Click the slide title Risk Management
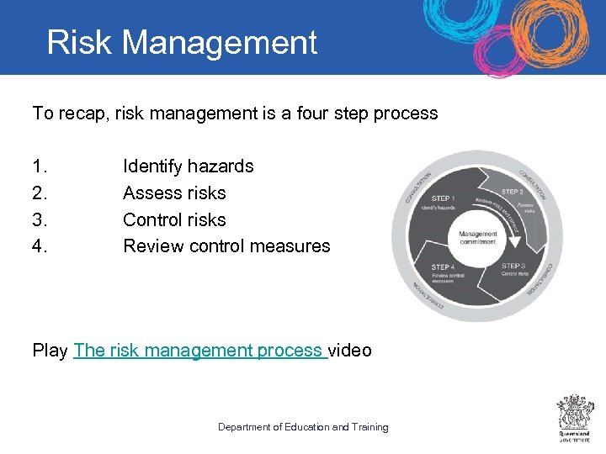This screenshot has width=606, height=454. [x=182, y=43]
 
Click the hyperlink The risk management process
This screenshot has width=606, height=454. [x=199, y=351]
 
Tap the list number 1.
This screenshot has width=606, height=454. [x=38, y=166]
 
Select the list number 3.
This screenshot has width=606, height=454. [x=39, y=220]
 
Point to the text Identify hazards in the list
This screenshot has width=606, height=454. [x=188, y=166]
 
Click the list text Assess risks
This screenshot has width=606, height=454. [x=174, y=193]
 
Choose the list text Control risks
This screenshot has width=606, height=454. [x=174, y=220]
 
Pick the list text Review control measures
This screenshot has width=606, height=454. [x=226, y=246]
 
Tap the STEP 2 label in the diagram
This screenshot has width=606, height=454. [x=513, y=193]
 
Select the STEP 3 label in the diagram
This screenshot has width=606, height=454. [x=513, y=266]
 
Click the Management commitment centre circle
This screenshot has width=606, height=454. [x=478, y=238]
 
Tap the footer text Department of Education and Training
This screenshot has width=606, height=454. [x=303, y=427]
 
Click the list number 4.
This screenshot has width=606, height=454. [x=39, y=246]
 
